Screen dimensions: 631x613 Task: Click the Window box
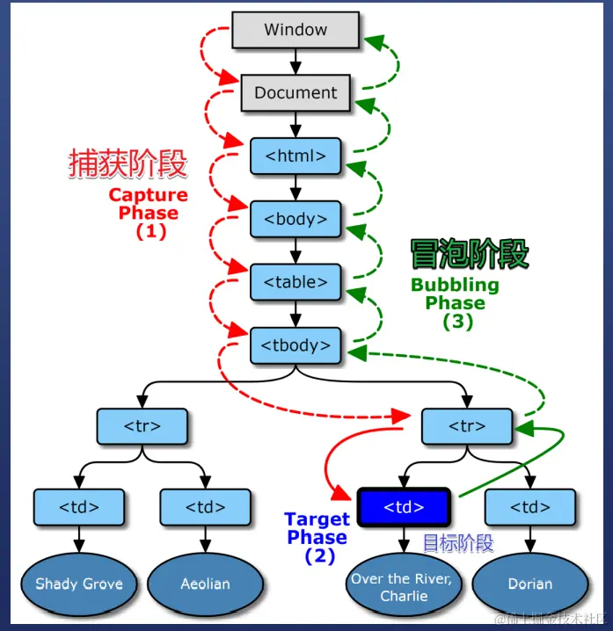[296, 30]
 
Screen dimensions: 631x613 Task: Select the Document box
[296, 92]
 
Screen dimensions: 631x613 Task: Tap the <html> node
[296, 156]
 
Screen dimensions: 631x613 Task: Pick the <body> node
[296, 219]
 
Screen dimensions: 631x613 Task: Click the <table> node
[296, 282]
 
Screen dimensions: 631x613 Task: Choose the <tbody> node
[296, 345]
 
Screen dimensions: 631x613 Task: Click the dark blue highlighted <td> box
[405, 507]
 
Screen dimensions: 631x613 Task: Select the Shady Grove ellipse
[79, 584]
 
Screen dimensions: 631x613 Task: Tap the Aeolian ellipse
[205, 584]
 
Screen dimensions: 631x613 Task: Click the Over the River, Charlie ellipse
[404, 587]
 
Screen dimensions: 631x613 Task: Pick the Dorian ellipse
[530, 584]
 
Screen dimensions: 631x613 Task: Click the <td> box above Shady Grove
[79, 507]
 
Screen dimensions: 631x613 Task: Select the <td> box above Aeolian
[205, 507]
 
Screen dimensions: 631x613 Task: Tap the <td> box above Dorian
[530, 507]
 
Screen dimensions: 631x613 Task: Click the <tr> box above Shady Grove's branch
[142, 426]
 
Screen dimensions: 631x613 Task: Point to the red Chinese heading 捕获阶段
[128, 163]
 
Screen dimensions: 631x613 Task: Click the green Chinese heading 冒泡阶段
[470, 254]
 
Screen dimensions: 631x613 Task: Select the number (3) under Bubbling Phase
[457, 322]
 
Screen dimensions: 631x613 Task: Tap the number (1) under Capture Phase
[150, 232]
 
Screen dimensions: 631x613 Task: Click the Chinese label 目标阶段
[458, 543]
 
